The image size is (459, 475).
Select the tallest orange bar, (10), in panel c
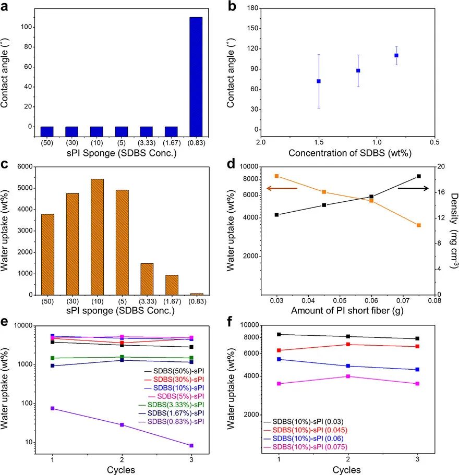pos(97,237)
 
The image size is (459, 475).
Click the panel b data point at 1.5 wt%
pos(319,81)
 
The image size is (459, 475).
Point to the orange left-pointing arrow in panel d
pos(282,188)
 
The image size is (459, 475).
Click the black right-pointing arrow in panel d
pos(413,188)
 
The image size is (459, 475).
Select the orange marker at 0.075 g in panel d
pos(418,225)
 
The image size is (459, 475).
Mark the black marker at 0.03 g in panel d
pos(277,215)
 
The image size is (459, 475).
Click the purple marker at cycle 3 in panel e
pos(191,445)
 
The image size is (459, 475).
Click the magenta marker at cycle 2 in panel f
pos(348,376)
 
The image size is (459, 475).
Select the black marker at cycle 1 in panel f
pos(279,334)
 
